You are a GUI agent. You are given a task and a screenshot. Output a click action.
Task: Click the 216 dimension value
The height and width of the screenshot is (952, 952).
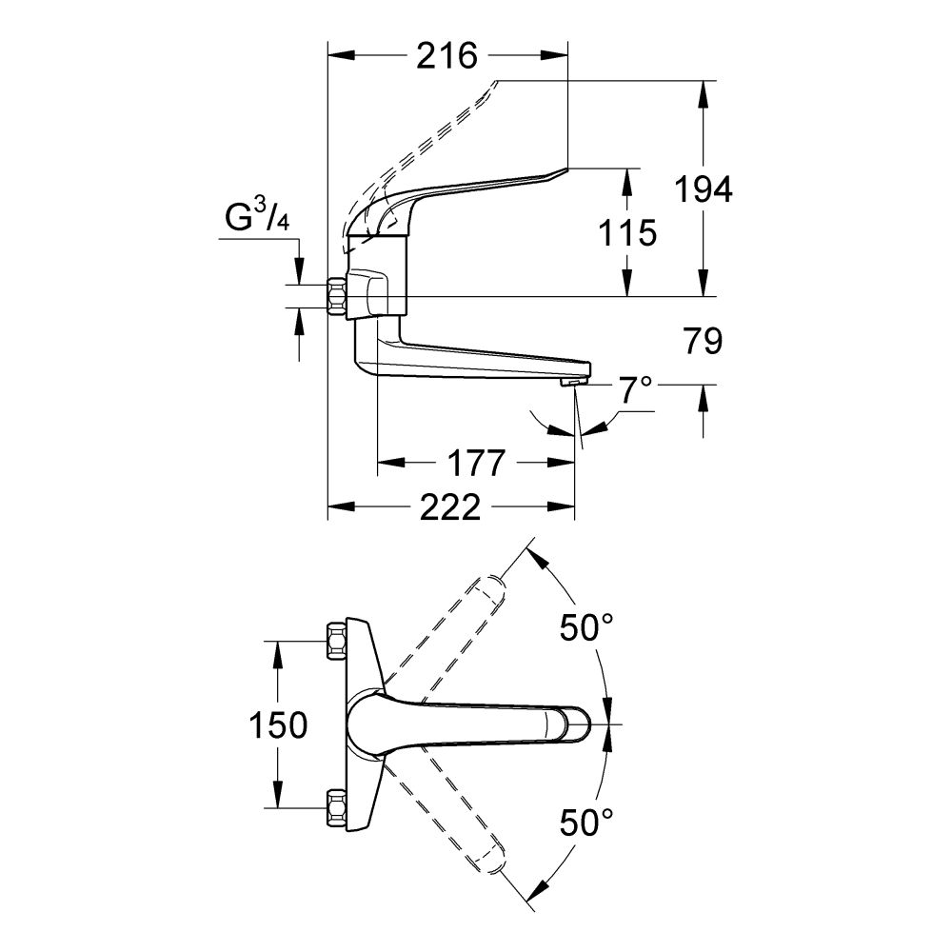click(x=446, y=56)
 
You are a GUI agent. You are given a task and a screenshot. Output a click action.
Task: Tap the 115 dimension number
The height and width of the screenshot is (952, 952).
click(x=628, y=232)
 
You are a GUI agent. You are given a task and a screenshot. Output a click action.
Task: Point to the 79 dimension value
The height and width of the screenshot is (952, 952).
click(x=703, y=342)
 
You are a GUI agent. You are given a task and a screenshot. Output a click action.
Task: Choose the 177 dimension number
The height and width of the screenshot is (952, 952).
click(x=475, y=464)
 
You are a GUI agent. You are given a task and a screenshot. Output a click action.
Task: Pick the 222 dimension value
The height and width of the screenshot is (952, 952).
click(x=449, y=508)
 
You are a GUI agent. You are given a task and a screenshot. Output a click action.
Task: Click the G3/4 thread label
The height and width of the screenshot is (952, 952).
click(x=257, y=220)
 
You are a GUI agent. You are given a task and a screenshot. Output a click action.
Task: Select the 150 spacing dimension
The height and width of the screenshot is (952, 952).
click(x=278, y=725)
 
